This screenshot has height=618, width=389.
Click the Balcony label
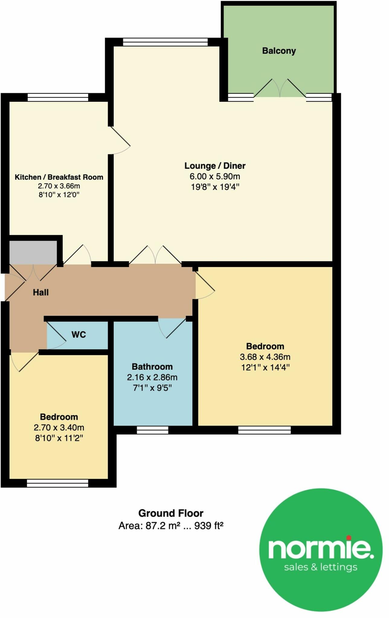[279, 51]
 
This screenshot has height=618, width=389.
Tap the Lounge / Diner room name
[215, 166]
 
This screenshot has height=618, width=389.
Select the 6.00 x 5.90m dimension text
[215, 176]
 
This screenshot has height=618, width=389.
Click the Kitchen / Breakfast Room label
[59, 177]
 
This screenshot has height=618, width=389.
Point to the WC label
[79, 334]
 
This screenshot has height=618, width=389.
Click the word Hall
[41, 292]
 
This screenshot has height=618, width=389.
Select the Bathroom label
[152, 367]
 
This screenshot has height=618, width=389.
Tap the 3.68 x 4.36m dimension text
[265, 357]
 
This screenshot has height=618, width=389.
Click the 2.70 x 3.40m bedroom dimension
[59, 428]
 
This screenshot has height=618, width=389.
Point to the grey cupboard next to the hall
[33, 252]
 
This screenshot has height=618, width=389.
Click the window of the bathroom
[153, 430]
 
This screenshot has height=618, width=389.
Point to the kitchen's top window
[58, 97]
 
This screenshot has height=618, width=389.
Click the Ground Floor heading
[171, 513]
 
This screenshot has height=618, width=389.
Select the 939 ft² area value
[208, 526]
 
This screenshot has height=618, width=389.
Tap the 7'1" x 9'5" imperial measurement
[152, 388]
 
